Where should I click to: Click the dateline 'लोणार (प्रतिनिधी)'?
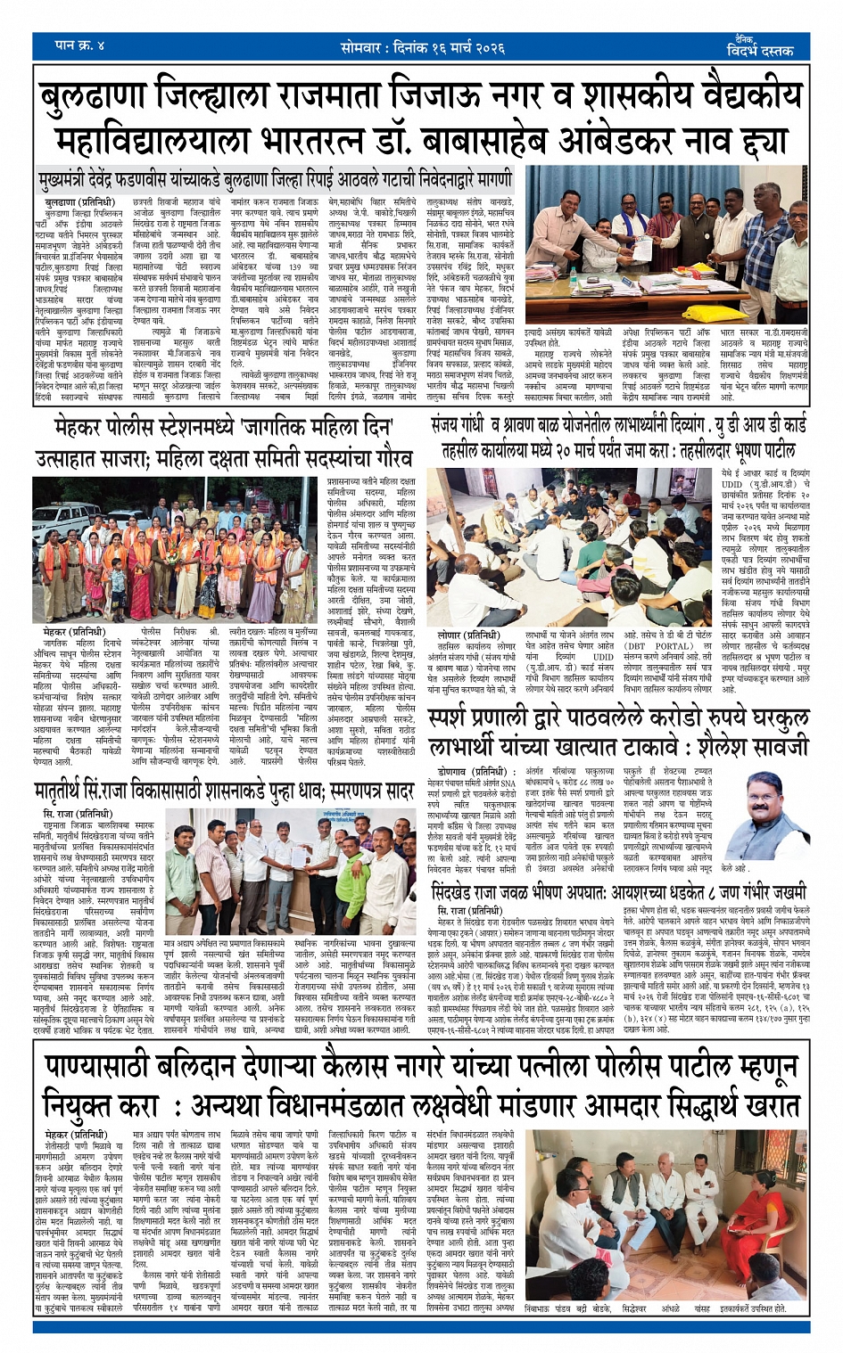click(460, 635)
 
